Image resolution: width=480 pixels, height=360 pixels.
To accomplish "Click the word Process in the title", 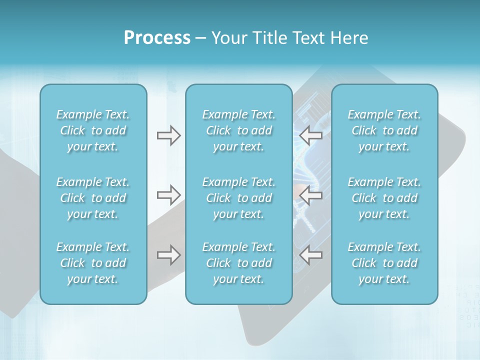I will (x=157, y=38).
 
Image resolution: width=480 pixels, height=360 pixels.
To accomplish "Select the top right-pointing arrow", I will (x=168, y=135).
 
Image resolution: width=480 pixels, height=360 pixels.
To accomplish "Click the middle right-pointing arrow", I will (x=168, y=195).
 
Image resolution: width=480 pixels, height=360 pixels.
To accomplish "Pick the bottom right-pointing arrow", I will (x=168, y=255).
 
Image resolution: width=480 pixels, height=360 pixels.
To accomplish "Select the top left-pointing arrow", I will (x=310, y=135).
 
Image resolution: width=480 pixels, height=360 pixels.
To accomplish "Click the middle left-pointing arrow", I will (x=310, y=195).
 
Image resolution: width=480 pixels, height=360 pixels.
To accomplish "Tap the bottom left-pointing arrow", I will (x=310, y=255).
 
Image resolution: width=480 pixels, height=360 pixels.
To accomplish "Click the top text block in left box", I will (x=93, y=130).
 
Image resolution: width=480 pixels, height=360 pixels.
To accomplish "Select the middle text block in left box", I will (x=93, y=198).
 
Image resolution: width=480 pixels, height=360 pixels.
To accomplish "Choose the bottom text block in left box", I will (x=93, y=263).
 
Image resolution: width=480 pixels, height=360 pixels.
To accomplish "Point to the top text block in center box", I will (x=239, y=130).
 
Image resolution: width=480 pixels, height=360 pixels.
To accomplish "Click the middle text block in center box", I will (x=239, y=198).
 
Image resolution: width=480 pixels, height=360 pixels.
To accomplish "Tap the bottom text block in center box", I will (x=239, y=263).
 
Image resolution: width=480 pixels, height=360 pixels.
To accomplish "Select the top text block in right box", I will (x=384, y=130).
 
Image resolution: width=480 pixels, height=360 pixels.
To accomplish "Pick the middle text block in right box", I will (x=384, y=198).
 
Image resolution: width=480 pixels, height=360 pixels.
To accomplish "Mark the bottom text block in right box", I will (x=384, y=263).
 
